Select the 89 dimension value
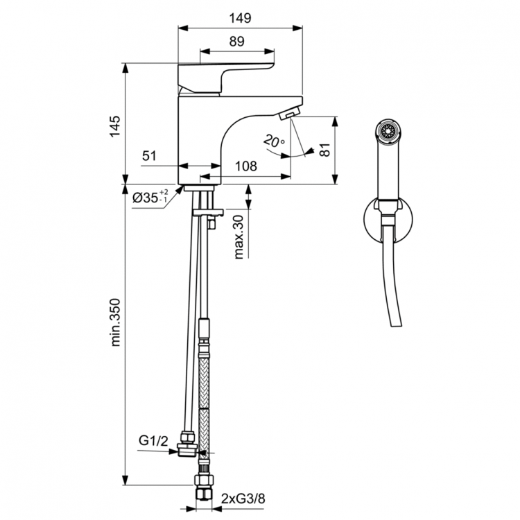point(236,42)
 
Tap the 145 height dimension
point(115,123)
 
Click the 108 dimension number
point(246,166)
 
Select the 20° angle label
point(273,141)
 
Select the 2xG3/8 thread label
point(243,498)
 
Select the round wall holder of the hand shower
point(388,220)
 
